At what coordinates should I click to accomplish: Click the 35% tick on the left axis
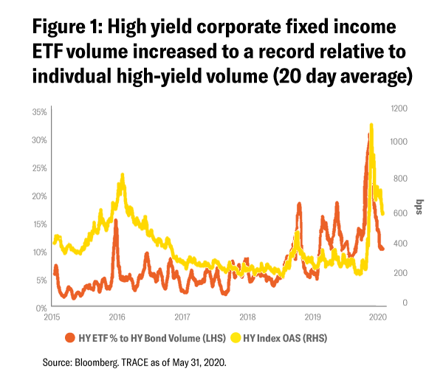point(39,112)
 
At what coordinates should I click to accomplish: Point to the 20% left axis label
point(39,196)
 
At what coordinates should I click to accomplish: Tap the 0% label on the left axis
point(41,308)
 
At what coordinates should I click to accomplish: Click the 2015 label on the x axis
point(51,317)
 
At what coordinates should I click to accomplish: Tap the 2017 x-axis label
point(182,317)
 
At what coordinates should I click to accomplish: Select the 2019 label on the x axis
point(312,317)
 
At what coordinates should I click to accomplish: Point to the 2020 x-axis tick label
point(377,317)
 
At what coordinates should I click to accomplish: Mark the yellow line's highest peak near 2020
point(371,125)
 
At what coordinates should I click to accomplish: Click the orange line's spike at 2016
point(115,221)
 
